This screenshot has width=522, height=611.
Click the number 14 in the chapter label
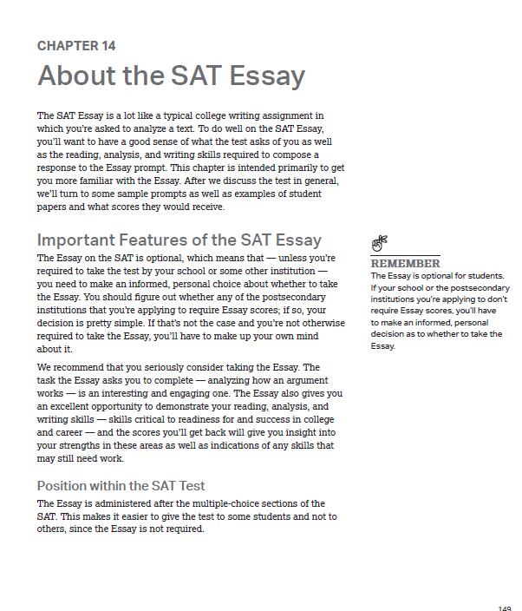108,46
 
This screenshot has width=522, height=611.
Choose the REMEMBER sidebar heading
405,263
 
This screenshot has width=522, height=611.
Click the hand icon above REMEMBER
379,244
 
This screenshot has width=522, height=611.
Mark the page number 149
505,608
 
